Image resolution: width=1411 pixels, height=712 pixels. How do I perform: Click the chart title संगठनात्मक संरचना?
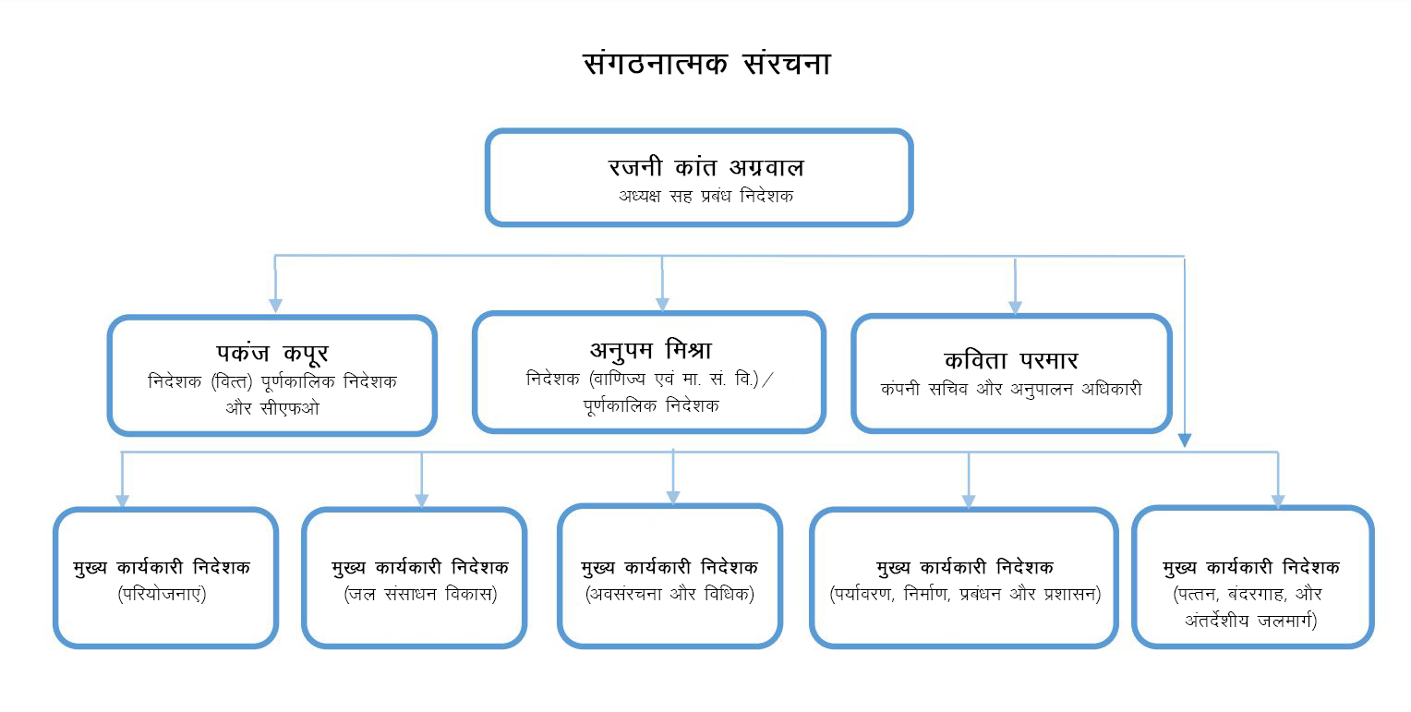click(706, 63)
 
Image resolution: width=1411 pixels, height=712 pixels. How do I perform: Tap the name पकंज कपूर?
click(271, 353)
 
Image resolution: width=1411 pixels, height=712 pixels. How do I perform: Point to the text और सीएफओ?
click(271, 407)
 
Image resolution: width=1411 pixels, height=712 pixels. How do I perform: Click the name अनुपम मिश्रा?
click(650, 349)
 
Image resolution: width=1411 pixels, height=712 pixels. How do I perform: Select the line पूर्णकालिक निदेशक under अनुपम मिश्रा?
click(650, 404)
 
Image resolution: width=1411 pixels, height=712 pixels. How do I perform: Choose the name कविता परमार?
click(1011, 360)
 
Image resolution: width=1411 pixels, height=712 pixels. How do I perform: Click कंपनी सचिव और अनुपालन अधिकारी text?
click(1011, 389)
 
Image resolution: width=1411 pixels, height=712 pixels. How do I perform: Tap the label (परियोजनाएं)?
click(163, 594)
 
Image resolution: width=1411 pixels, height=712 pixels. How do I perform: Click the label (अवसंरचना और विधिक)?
click(670, 594)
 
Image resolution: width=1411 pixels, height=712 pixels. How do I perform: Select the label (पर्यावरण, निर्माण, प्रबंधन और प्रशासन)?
click(965, 594)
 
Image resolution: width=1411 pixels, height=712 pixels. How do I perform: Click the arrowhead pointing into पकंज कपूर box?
click(275, 306)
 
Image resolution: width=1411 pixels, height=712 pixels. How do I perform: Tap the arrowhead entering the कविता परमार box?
click(1015, 307)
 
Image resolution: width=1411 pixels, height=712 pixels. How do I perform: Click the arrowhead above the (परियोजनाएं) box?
click(122, 501)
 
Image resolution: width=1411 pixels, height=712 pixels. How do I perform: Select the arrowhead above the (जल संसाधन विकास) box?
click(422, 501)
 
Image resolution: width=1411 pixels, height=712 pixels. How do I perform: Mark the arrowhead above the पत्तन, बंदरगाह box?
click(1278, 501)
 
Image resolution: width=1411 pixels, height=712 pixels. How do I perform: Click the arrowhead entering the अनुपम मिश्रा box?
click(662, 304)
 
